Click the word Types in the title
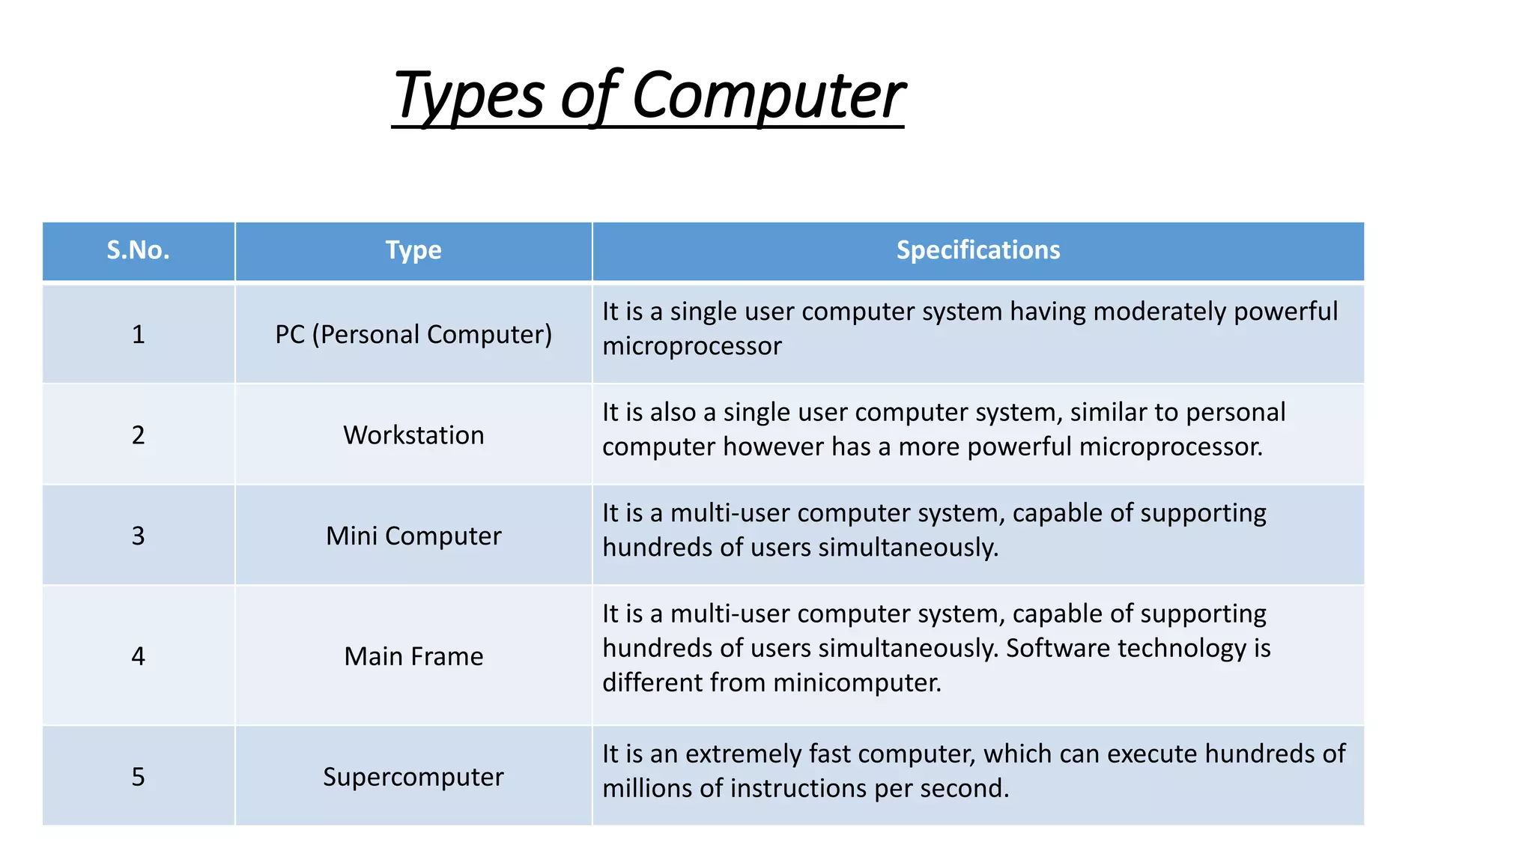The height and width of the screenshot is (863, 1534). (468, 96)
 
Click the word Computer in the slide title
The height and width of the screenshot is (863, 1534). (768, 96)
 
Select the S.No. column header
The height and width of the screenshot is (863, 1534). (139, 250)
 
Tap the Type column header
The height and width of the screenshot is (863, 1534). (413, 250)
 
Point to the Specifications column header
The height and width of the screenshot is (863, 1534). (978, 250)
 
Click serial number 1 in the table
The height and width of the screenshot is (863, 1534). (139, 334)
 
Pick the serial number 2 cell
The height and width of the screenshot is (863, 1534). (139, 435)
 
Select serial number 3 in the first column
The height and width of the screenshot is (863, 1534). (139, 536)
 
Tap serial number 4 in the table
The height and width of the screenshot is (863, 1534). (139, 656)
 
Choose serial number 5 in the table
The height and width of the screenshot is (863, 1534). (139, 777)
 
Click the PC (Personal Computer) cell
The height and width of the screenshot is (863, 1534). (413, 334)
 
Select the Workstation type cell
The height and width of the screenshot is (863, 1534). (413, 435)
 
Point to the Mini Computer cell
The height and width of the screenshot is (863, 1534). (413, 536)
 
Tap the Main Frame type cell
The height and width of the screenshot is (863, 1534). (413, 656)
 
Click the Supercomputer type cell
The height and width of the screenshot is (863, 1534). (413, 777)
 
